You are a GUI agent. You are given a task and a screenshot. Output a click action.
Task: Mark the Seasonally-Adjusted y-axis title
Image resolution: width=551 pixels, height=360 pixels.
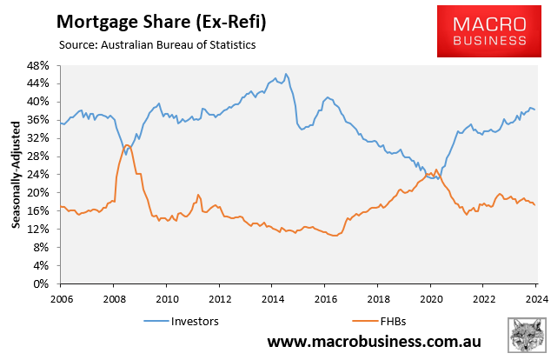[16, 174]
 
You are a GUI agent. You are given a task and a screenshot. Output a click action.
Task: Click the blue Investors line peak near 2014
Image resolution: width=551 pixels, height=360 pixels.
[287, 74]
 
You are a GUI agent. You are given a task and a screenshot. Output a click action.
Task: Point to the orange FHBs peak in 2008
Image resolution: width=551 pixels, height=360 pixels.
[127, 144]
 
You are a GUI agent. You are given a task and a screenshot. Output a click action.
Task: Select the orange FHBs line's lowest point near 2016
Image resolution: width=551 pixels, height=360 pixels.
[335, 235]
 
